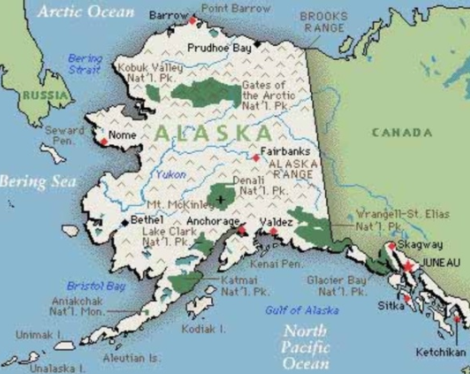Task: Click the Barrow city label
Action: coord(167,16)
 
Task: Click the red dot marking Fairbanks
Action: coord(256,157)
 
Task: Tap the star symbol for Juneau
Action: coord(407,266)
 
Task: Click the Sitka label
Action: coord(390,304)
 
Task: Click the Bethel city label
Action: coord(146,217)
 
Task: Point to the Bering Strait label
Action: coord(85,64)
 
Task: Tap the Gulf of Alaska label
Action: coord(301,309)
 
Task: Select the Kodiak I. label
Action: coord(203,328)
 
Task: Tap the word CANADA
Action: coord(401,132)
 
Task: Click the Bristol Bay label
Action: coord(95,286)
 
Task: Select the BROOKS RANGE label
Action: coord(323,21)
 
